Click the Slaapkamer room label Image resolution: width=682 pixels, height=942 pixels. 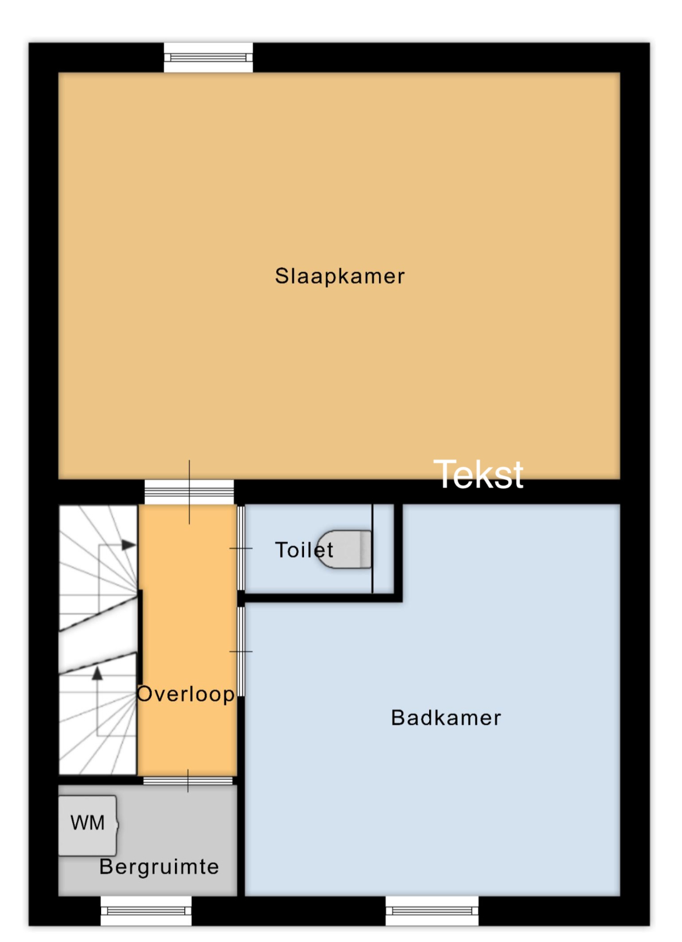coord(340,276)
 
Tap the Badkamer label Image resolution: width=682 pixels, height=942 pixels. coord(446,718)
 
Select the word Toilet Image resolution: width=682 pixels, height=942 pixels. coord(304,549)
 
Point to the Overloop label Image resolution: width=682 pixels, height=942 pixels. coord(186,694)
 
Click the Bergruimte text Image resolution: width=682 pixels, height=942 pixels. coord(159,867)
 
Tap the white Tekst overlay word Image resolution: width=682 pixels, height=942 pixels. coord(479,474)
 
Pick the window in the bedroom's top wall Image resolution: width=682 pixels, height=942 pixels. coord(208,58)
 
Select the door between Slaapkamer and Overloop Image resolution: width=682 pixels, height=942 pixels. coord(189,491)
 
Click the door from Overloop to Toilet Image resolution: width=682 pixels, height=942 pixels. coord(241,548)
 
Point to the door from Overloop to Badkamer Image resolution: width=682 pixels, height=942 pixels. coord(241,651)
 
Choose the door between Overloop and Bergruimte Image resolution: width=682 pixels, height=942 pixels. coord(188,781)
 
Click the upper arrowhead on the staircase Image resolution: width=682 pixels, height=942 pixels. coord(128,545)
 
